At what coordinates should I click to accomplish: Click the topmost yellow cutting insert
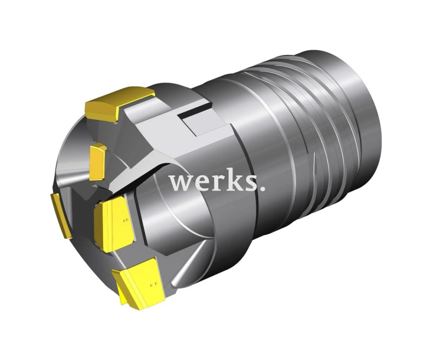pos(119,104)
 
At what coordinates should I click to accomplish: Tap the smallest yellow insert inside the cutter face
pos(98,162)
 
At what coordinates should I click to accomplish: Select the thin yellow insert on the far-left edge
pos(61,215)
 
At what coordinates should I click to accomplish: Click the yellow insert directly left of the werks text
pos(114,224)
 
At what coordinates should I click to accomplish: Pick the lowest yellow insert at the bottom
pos(139,283)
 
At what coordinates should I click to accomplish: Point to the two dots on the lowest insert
pos(154,284)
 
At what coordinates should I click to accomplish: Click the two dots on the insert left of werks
pos(126,221)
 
